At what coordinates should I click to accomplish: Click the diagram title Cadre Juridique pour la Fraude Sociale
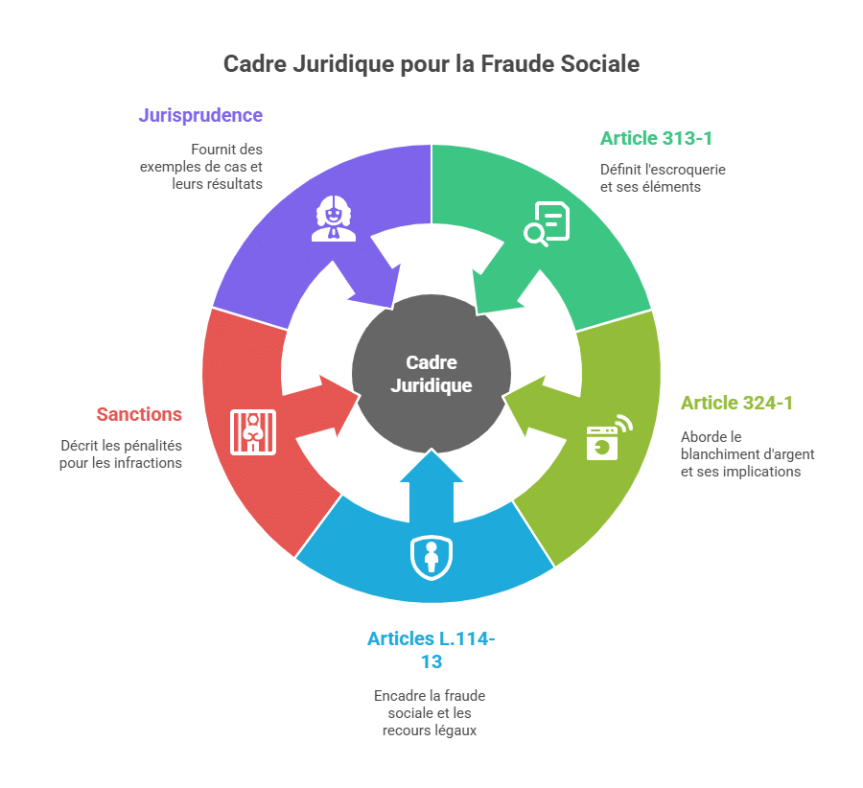click(431, 64)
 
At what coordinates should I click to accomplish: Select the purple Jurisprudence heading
click(200, 116)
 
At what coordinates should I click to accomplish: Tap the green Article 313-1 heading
click(656, 138)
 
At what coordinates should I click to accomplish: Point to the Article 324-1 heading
click(737, 403)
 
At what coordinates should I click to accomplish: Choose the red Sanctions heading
click(139, 414)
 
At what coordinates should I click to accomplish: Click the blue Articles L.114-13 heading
click(431, 650)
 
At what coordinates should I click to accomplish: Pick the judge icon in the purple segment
click(334, 219)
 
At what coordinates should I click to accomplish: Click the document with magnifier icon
click(547, 224)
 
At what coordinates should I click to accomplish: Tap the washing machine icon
click(609, 437)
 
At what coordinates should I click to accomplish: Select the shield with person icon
click(431, 558)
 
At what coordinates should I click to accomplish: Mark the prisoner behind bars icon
click(253, 432)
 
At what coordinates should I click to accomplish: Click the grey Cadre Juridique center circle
click(431, 374)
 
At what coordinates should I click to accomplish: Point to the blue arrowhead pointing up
click(431, 466)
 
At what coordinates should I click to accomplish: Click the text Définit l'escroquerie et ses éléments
click(663, 178)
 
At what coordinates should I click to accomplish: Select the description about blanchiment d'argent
click(747, 454)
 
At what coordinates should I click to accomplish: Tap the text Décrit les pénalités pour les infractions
click(121, 454)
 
